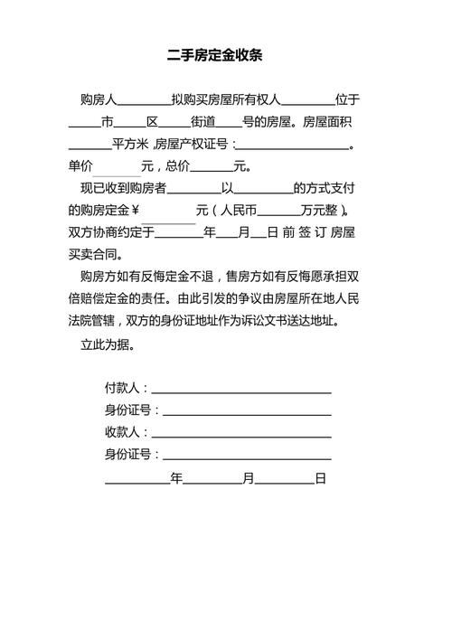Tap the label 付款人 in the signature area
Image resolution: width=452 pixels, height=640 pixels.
(123, 389)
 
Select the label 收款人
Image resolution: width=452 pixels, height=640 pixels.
(123, 432)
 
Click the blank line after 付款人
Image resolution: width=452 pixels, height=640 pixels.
(241, 391)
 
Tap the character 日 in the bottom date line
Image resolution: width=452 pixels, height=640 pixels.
(320, 477)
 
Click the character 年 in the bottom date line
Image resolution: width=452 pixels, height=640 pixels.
(176, 477)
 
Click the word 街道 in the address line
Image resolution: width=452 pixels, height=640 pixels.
(202, 122)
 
